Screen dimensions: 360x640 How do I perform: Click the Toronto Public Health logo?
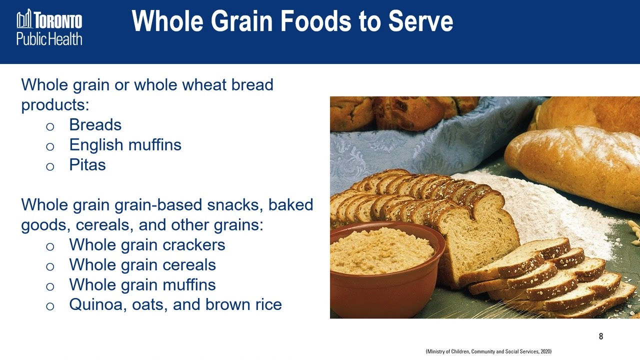tap(49, 27)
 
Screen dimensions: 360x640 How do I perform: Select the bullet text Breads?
tap(95, 124)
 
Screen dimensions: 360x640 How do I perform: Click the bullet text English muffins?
tap(125, 145)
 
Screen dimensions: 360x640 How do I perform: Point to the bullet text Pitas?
tap(87, 165)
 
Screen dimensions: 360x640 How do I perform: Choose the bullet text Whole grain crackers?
tap(147, 245)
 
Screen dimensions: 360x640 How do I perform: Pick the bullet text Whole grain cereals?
tap(142, 265)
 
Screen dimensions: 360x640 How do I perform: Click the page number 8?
tap(601, 336)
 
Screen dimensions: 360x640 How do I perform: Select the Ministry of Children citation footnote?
tap(488, 352)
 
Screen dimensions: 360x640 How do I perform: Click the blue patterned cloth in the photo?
tap(425, 145)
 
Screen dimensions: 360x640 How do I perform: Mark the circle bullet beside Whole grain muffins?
tap(49, 286)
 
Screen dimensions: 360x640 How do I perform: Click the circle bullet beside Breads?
tap(49, 126)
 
